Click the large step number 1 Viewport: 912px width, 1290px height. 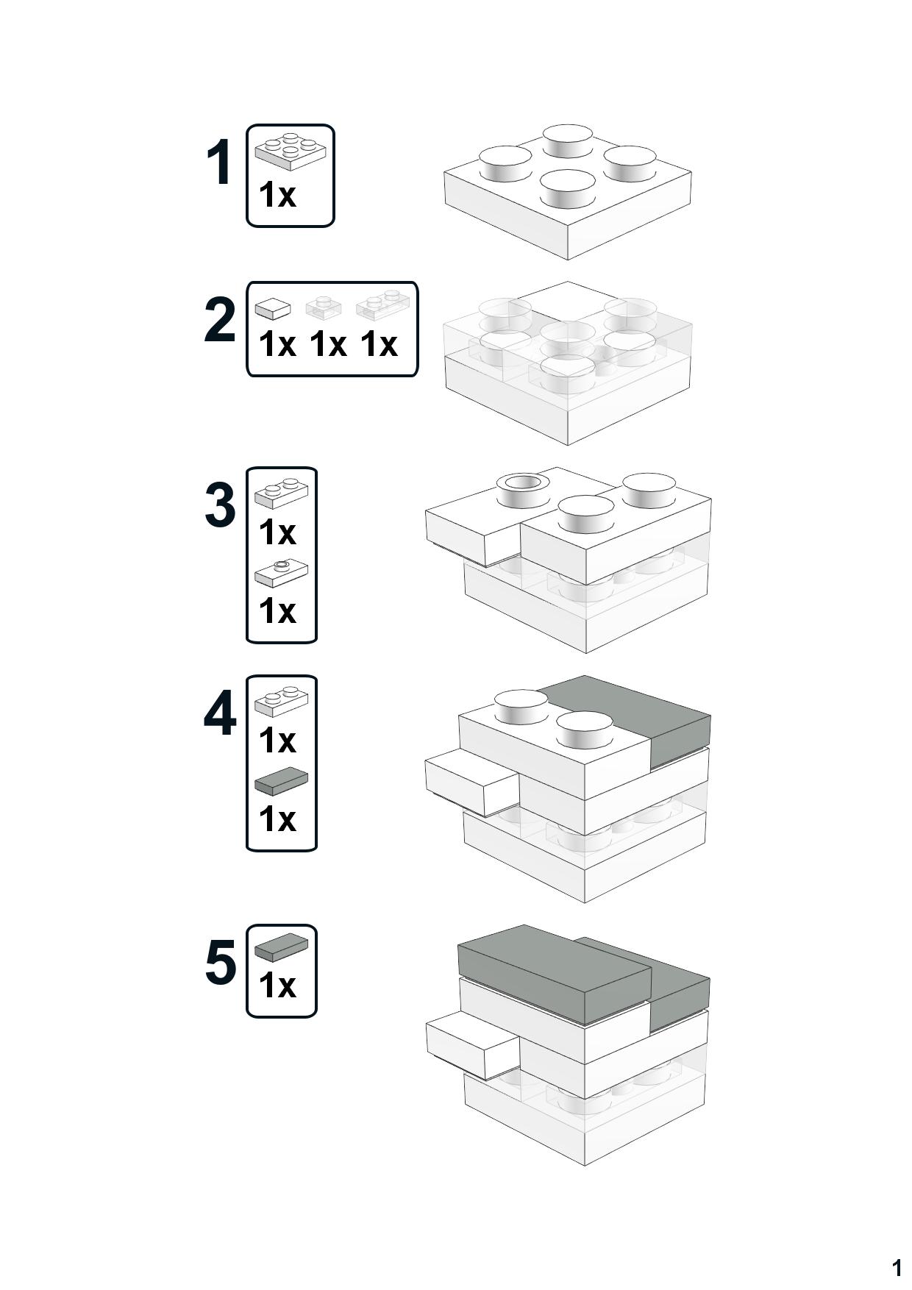[x=219, y=163]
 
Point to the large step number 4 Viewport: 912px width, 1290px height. [x=220, y=713]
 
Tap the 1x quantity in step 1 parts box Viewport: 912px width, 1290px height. [x=277, y=195]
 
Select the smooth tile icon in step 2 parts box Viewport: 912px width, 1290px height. [x=273, y=308]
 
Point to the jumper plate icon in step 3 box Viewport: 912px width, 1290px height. [x=281, y=573]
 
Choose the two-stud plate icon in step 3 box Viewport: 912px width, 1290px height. [x=281, y=493]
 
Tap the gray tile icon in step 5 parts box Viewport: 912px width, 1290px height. [x=281, y=947]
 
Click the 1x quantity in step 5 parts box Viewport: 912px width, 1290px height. [x=277, y=986]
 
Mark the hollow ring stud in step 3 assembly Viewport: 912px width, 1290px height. [x=523, y=488]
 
